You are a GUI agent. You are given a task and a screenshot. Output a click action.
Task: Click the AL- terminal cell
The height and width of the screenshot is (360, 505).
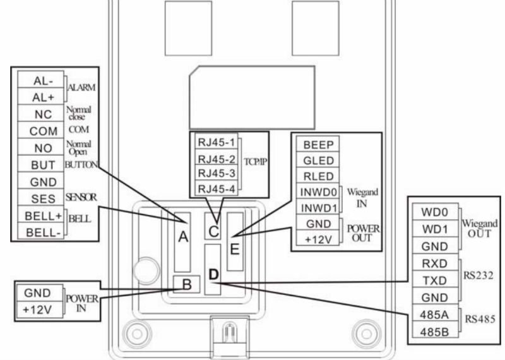point(40,80)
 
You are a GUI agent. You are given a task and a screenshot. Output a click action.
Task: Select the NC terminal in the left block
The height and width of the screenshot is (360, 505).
point(40,113)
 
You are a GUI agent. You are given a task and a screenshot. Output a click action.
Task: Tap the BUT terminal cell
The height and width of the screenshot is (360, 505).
point(40,164)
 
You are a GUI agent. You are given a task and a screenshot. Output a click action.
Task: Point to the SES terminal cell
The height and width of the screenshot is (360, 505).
point(40,197)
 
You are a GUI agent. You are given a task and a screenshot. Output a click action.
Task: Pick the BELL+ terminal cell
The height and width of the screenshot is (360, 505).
point(40,214)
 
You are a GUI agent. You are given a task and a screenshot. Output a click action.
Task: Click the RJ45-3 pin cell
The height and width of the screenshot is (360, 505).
point(217,174)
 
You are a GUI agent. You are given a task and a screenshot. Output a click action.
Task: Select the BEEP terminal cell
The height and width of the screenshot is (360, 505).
point(318,144)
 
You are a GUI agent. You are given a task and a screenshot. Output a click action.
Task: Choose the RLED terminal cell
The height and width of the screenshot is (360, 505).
point(318,176)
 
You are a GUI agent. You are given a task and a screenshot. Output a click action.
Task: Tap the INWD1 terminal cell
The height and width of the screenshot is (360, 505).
point(318,207)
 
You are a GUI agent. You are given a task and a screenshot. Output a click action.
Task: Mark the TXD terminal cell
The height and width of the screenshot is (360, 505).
point(435,280)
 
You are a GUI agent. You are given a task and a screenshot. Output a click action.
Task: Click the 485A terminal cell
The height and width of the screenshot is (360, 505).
point(435,314)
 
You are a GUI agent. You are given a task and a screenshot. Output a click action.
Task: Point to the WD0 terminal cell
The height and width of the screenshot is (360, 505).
point(435,212)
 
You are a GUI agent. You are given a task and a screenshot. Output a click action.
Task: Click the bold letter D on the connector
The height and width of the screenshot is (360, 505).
point(213,275)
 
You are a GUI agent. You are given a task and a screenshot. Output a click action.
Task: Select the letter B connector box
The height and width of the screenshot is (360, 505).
point(186,284)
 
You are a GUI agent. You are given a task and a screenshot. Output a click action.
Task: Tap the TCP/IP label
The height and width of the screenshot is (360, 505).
point(256,162)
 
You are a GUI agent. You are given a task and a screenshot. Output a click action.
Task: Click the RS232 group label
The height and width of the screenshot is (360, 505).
point(478,275)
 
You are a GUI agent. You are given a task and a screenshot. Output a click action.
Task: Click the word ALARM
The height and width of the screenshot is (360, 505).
point(81,87)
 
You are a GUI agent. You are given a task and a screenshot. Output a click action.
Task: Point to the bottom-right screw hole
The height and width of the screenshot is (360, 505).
point(367,334)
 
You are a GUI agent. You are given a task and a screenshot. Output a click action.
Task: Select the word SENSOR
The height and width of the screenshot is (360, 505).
point(81,197)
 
